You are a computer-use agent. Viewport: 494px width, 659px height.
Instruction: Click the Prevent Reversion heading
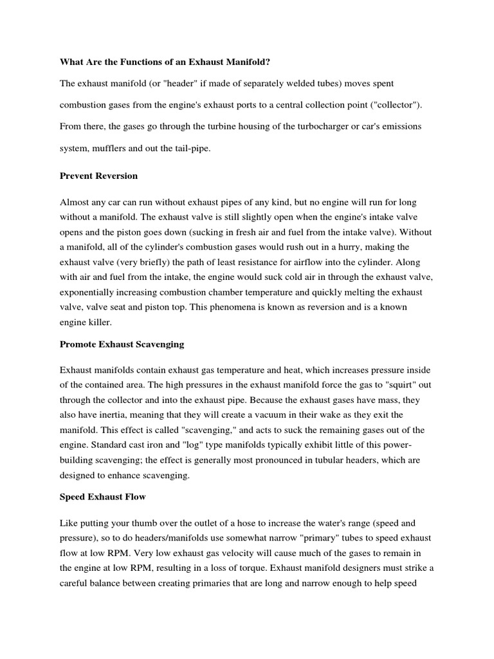[x=98, y=175]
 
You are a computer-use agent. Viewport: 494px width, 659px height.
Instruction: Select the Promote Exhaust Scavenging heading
[x=122, y=344]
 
